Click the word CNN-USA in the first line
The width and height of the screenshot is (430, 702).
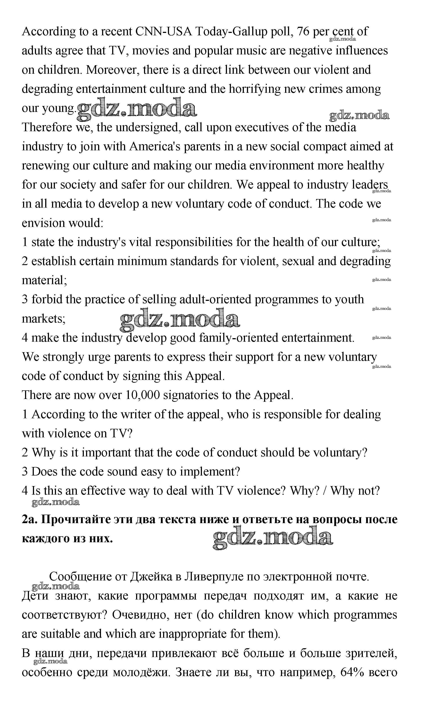click(163, 31)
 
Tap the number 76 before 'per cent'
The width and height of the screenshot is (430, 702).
click(303, 31)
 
